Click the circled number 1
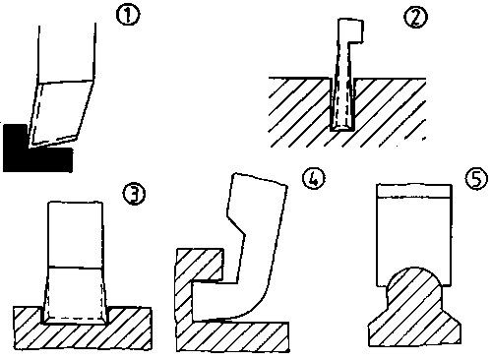tap(128, 16)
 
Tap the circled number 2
tap(415, 18)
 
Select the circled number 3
tap(134, 194)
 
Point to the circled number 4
tap(314, 179)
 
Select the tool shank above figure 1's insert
tap(67, 53)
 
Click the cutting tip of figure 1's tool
tap(30, 147)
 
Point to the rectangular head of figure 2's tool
tap(351, 30)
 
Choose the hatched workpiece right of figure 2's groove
tap(391, 111)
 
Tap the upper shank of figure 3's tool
tap(76, 235)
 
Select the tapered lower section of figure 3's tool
tap(76, 295)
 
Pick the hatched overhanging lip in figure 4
tap(207, 265)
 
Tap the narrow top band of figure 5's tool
tap(414, 191)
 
